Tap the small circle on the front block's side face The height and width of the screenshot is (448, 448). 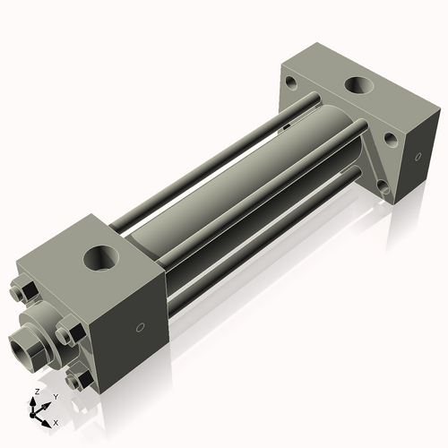click(x=137, y=326)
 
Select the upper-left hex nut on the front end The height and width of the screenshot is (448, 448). click(x=24, y=291)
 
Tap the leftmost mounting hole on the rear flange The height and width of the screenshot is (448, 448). click(x=290, y=87)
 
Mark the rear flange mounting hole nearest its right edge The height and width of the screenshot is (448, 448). click(x=392, y=139)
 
